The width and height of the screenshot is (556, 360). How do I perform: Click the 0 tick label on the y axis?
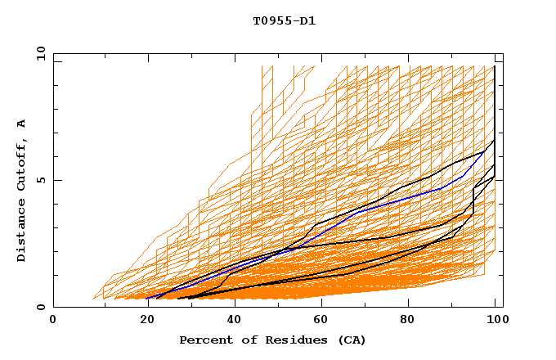[42, 307]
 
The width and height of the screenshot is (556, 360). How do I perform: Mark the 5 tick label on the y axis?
[42, 180]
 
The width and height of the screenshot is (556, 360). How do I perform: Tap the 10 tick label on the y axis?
[38, 53]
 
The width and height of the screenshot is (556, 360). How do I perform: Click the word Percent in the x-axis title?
[204, 340]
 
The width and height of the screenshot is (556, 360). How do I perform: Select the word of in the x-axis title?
[242, 340]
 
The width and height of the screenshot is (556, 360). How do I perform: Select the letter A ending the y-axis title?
[21, 123]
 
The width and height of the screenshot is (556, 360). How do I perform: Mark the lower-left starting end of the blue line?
[147, 298]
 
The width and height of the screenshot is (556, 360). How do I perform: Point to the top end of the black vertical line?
[495, 66]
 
